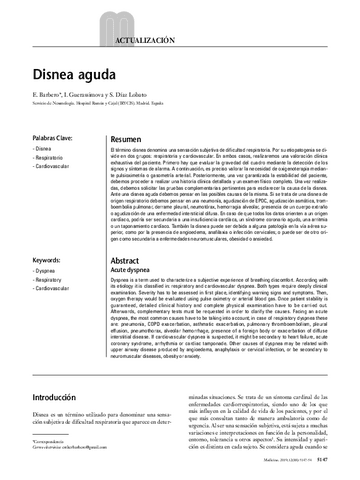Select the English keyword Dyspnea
click(46, 270)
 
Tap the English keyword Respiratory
click(50, 280)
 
